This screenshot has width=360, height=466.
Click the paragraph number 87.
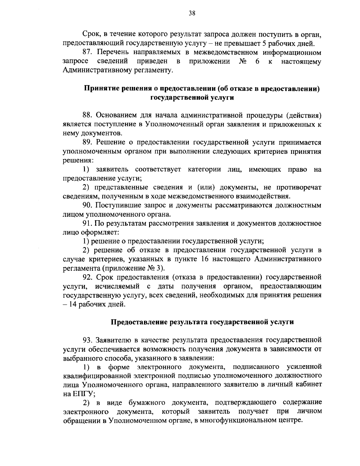pyautogui.click(x=88, y=53)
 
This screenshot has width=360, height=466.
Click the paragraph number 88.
pyautogui.click(x=88, y=115)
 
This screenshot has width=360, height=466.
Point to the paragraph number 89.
pyautogui.click(x=88, y=142)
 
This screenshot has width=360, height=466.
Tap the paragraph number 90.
pyautogui.click(x=88, y=206)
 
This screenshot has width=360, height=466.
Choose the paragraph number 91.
pyautogui.click(x=88, y=224)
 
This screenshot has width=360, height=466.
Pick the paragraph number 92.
pyautogui.click(x=88, y=277)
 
